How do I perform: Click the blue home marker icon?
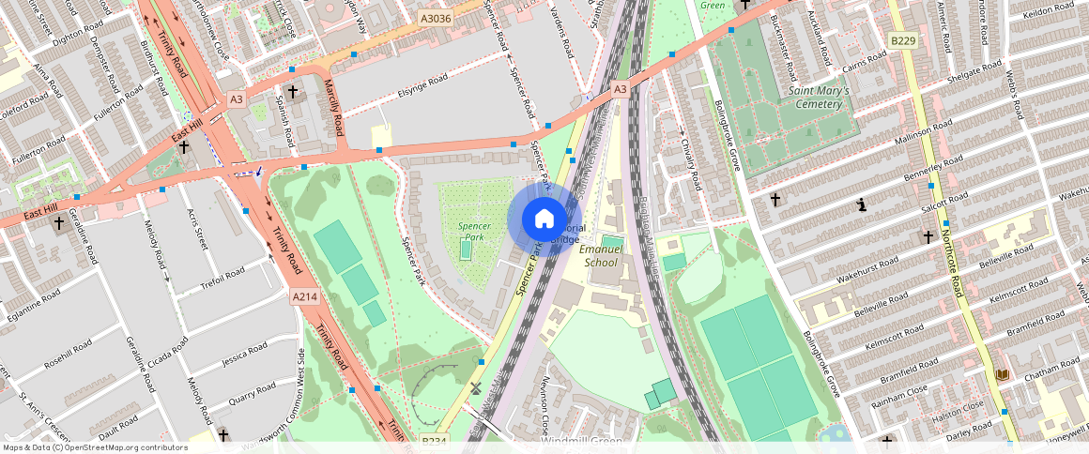click(544, 219)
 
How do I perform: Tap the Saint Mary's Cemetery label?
click(819, 97)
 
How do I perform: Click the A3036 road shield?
click(435, 18)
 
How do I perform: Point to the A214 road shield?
click(304, 296)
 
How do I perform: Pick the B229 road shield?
click(903, 40)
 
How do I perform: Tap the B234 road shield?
click(434, 441)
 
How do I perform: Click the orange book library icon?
click(1003, 375)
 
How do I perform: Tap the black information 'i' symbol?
click(862, 204)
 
